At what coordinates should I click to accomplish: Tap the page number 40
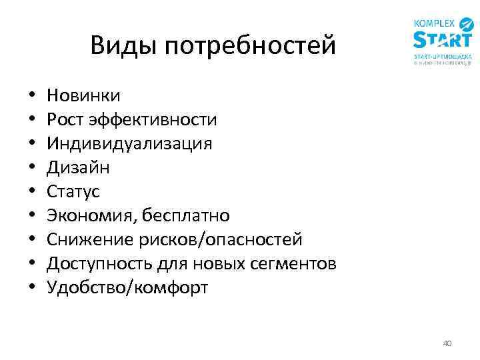(447, 343)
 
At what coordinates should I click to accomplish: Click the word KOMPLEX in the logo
(434, 23)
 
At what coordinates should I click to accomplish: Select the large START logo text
(442, 40)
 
